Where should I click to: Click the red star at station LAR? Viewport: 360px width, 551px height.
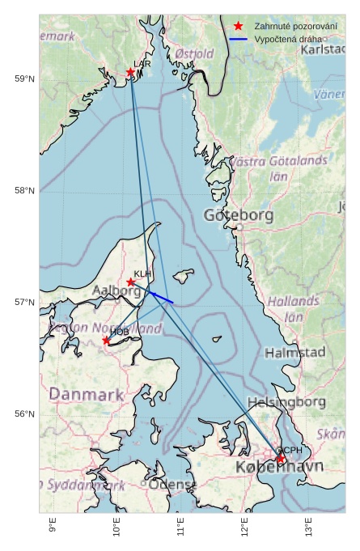click(x=130, y=72)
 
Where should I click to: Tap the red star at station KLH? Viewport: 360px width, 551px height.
click(x=131, y=282)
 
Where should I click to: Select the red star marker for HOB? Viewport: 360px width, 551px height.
click(x=106, y=341)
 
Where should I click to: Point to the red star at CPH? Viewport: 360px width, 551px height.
click(x=281, y=459)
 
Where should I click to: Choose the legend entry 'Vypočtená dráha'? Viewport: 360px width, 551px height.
click(x=287, y=39)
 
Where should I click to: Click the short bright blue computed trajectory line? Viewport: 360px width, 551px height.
click(x=161, y=297)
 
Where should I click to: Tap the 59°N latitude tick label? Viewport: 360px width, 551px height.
click(x=24, y=78)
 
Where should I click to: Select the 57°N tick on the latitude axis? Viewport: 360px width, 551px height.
click(x=24, y=303)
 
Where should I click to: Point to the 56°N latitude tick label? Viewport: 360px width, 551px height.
click(x=24, y=414)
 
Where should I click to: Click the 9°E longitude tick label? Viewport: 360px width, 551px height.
click(x=53, y=527)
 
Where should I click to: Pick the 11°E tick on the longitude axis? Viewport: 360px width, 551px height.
click(x=180, y=527)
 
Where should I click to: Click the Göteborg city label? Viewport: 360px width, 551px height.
click(x=239, y=215)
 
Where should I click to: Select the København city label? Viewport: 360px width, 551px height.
click(x=279, y=468)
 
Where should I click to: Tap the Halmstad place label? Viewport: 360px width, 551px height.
click(x=294, y=353)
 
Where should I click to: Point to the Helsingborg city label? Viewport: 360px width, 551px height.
click(x=286, y=402)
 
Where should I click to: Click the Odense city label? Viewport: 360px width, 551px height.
click(x=172, y=484)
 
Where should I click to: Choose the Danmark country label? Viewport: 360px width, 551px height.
click(x=87, y=395)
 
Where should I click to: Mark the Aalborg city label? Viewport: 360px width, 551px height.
click(x=117, y=290)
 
